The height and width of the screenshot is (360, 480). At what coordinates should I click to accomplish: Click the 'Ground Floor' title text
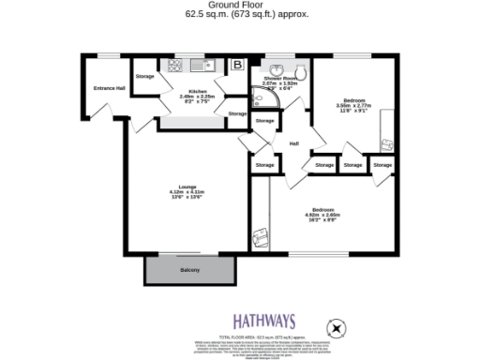tap(240, 5)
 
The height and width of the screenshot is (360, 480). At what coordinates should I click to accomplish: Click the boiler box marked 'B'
tap(237, 65)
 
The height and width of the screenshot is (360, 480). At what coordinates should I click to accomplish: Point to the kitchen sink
tap(201, 66)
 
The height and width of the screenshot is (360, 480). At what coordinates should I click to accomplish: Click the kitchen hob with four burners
tap(172, 66)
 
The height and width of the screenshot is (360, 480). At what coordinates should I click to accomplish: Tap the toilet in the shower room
tap(301, 72)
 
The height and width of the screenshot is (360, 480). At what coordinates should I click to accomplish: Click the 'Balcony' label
tap(189, 270)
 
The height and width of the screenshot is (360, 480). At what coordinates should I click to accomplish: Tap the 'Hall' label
tap(293, 143)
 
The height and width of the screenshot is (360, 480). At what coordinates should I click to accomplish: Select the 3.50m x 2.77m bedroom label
tap(354, 100)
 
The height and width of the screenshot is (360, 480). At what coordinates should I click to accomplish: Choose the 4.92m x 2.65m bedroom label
tap(323, 209)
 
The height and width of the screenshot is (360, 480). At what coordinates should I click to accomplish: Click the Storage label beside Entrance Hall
tap(144, 76)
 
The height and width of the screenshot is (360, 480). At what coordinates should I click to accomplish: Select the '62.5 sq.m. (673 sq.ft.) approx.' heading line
tap(240, 15)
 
